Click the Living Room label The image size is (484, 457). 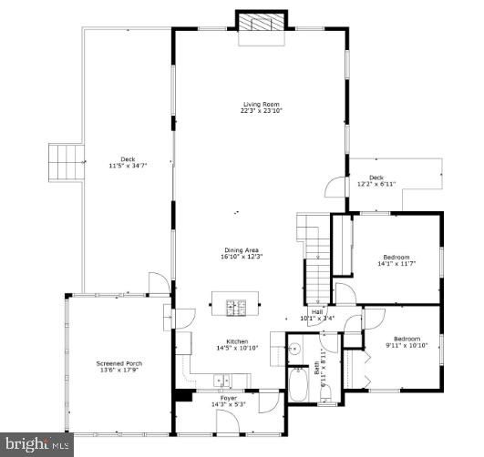260,104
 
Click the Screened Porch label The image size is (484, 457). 119,363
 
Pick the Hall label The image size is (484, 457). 318,312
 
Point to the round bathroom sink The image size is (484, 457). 294,348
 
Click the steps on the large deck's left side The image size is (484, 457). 64,161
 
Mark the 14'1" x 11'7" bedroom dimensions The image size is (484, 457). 396,264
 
